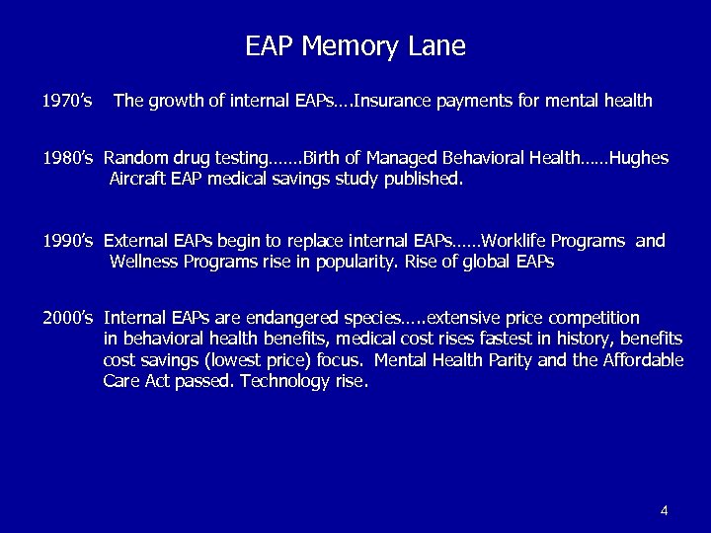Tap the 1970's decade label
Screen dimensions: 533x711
67,100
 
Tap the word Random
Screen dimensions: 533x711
135,158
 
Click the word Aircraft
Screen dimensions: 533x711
141,180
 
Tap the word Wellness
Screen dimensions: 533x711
145,262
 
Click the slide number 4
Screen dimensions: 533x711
665,510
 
